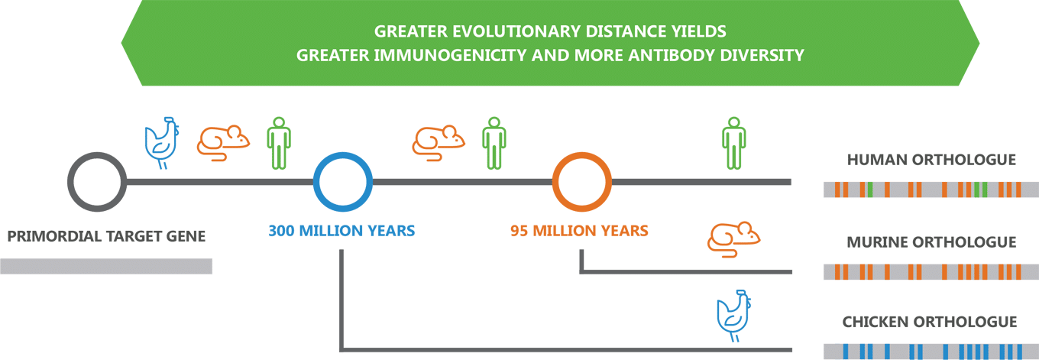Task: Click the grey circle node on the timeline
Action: point(70,182)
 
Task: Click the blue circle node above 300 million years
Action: point(316,182)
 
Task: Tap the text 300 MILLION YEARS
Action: point(341,231)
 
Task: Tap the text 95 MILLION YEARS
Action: point(579,231)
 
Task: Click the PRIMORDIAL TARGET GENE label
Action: point(106,236)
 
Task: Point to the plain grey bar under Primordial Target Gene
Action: point(106,266)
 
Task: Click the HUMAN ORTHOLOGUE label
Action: point(931,160)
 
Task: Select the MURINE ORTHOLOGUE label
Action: point(931,242)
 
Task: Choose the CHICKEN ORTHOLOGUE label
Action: point(930,322)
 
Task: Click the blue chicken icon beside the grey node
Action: point(162,143)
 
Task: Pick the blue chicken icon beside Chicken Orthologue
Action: point(733,316)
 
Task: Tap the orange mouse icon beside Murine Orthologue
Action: point(733,239)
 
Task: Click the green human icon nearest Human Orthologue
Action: point(733,143)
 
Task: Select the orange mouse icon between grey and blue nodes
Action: point(224,143)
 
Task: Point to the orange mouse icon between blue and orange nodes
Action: point(439,143)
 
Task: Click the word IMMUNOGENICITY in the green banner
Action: point(451,55)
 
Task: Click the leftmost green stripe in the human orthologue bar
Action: point(870,190)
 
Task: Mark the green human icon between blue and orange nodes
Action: point(494,143)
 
